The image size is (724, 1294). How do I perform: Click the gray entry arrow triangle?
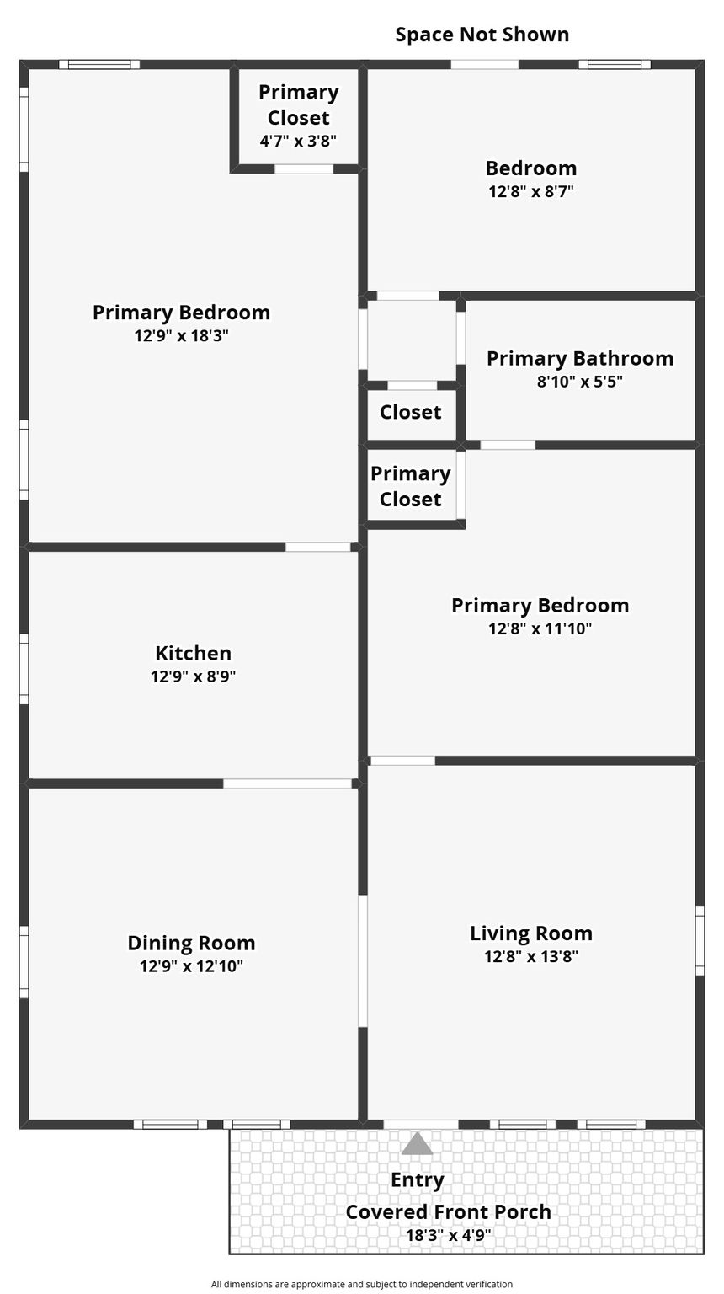(x=417, y=1144)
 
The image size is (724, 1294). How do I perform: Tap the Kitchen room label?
(x=194, y=654)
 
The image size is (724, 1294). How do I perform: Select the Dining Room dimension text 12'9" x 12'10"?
(x=191, y=966)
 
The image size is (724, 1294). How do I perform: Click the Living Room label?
(x=531, y=933)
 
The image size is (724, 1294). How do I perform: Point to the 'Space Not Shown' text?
(x=482, y=35)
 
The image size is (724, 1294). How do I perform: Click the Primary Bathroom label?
(x=580, y=359)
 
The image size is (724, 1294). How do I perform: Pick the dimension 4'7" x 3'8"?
(x=298, y=141)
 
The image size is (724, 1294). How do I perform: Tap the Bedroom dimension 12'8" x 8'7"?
(x=531, y=191)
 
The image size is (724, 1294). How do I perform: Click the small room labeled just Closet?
(x=411, y=413)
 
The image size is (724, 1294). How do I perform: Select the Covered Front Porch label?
(x=448, y=1212)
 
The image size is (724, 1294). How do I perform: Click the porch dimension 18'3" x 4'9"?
(x=448, y=1235)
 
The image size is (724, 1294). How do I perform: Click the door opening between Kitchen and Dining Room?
(x=288, y=783)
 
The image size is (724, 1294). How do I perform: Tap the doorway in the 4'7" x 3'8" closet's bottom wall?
(x=304, y=168)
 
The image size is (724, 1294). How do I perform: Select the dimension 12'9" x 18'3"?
(x=181, y=335)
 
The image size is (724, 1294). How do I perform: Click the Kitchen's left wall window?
(x=24, y=669)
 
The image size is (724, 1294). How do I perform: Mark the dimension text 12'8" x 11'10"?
(x=540, y=628)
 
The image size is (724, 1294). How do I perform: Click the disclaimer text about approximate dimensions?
(x=361, y=1284)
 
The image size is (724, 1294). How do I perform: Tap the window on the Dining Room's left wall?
(x=24, y=962)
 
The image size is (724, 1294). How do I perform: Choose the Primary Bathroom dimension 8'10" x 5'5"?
(x=580, y=382)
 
